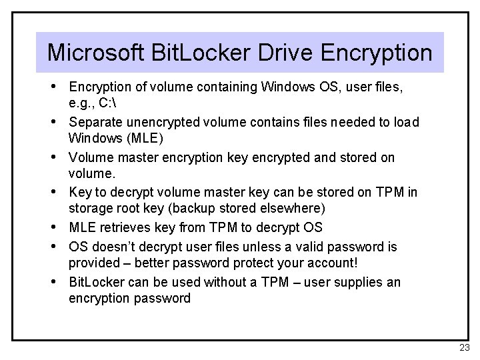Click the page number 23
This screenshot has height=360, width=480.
tap(465, 347)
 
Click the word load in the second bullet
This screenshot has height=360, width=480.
tap(405, 122)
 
